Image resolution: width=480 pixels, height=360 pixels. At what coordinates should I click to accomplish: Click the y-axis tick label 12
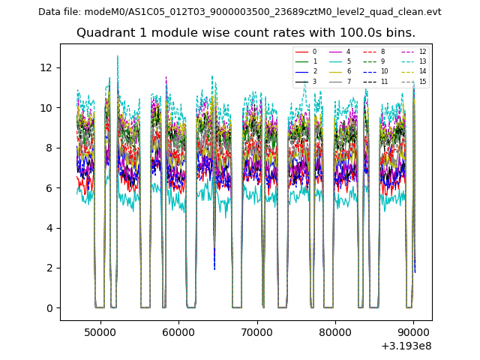click(46, 67)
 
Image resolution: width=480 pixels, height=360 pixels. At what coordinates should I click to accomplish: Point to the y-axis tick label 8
click(49, 148)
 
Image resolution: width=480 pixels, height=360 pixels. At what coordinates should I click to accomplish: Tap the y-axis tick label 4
click(49, 228)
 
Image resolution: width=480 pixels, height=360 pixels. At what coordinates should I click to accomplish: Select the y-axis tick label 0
click(49, 308)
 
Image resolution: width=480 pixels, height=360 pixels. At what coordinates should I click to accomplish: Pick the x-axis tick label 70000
click(256, 331)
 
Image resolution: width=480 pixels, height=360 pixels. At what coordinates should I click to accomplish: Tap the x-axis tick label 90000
click(412, 331)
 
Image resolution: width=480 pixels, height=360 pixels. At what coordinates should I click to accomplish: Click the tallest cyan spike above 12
click(117, 57)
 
